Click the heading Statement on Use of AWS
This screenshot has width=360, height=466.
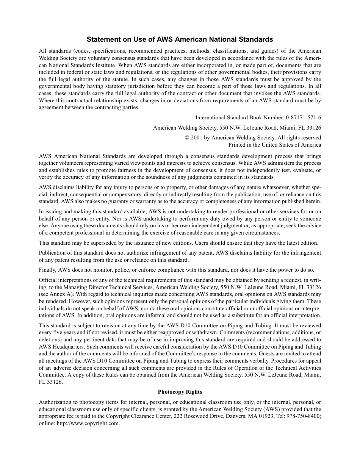coord(180,39)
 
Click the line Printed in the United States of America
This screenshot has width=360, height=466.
coord(274,145)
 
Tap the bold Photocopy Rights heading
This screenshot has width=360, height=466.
coord(180,392)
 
